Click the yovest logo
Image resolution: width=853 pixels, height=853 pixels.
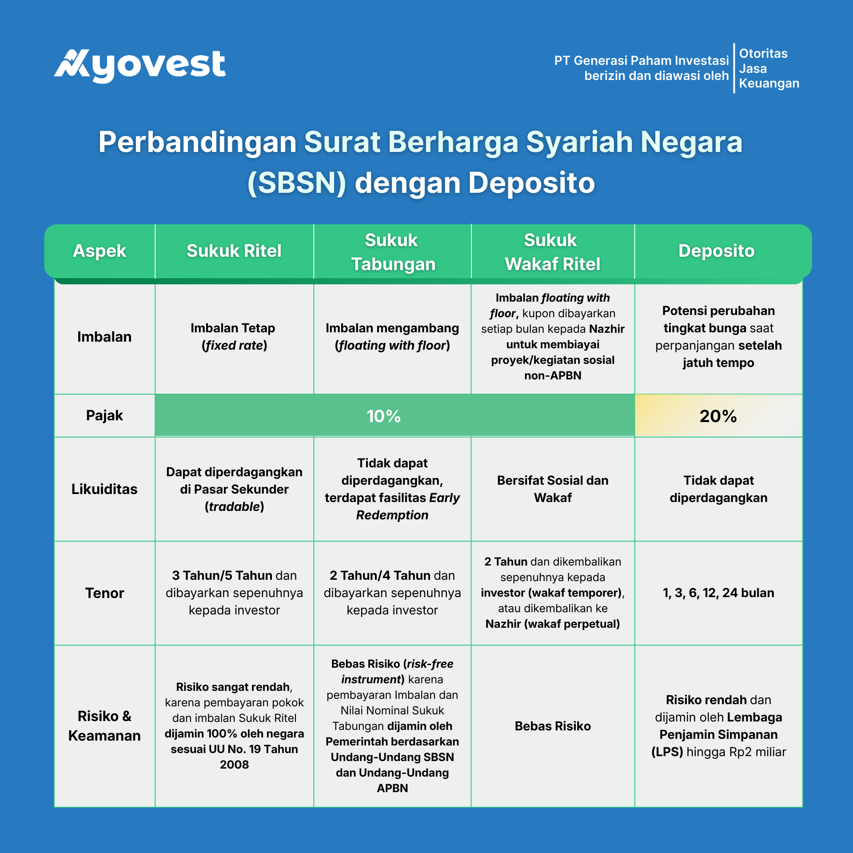[x=140, y=66]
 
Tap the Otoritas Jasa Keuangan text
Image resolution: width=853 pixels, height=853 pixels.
[x=769, y=68]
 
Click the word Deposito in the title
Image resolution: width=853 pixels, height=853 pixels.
[x=531, y=183]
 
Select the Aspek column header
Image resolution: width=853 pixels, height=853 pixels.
[x=100, y=251]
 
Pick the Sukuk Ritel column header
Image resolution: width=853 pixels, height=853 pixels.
[x=234, y=251]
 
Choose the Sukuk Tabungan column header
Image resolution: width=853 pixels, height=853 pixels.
[x=393, y=252]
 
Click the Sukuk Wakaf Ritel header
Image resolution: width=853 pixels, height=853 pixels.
[x=552, y=252]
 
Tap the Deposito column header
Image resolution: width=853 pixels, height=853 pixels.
[x=716, y=251]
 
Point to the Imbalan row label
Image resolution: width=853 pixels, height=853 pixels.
[x=104, y=337]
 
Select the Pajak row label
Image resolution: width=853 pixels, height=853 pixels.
[x=104, y=415]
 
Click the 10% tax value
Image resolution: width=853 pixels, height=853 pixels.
[x=384, y=416]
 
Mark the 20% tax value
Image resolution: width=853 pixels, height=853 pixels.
[x=718, y=416]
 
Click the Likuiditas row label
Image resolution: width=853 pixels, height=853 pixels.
[x=104, y=489]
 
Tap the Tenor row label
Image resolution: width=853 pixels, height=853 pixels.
[x=104, y=593]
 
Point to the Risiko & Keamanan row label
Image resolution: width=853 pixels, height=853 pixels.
[x=104, y=726]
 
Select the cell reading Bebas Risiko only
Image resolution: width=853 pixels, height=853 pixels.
[x=553, y=726]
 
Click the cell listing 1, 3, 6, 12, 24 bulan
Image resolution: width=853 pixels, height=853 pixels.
[x=718, y=593]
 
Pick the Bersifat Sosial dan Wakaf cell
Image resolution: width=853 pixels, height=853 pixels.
[x=553, y=489]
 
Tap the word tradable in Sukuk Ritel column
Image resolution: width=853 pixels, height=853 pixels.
[x=235, y=506]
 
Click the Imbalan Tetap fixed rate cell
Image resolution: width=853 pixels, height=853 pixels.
[x=234, y=337]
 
